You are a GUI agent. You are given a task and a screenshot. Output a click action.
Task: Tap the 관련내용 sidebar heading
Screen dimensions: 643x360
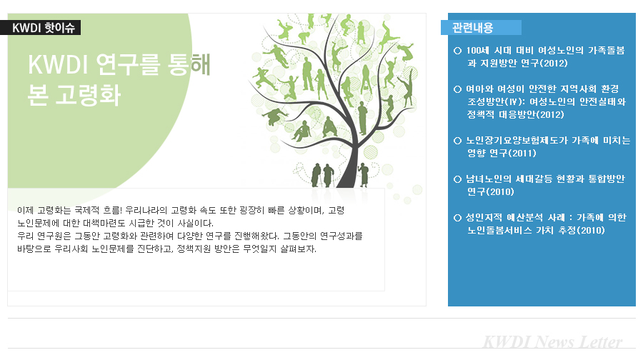pos(472,27)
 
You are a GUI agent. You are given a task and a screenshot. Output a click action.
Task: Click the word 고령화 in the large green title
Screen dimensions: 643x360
pos(88,96)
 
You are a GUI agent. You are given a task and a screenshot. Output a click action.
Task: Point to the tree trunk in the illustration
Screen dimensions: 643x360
pos(349,164)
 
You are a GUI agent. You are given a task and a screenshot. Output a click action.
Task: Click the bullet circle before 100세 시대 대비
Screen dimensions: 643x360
pos(458,51)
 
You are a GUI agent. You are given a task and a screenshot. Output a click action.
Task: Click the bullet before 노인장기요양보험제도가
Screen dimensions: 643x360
pos(458,141)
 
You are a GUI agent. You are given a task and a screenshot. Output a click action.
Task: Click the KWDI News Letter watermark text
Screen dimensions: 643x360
pos(552,342)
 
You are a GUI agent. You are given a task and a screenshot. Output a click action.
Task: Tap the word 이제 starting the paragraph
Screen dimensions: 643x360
pos(24,210)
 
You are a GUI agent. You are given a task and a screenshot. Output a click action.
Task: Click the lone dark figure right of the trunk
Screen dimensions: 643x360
pos(364,174)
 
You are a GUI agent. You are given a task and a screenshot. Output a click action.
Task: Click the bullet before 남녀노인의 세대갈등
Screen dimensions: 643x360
pos(458,179)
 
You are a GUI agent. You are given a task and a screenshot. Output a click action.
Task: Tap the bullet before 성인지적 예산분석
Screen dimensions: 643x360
pos(458,218)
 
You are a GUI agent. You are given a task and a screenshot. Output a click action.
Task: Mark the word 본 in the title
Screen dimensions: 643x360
pos(38,96)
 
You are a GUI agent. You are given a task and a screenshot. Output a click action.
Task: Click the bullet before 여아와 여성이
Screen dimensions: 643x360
pos(458,89)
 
